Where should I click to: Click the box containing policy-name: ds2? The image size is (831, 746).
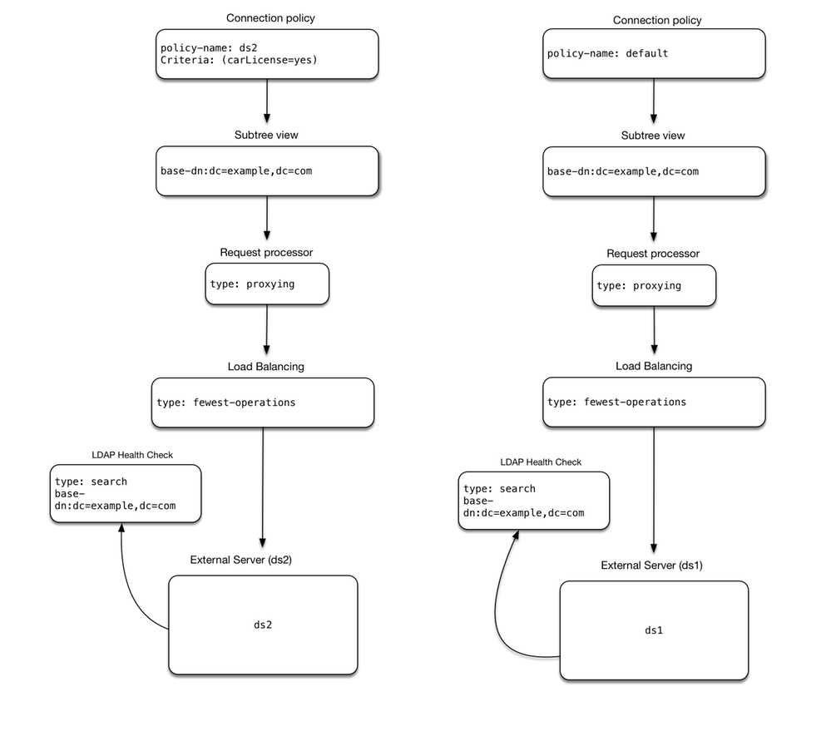(266, 55)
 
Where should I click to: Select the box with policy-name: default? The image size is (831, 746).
(653, 55)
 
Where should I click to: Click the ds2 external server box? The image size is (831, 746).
(263, 625)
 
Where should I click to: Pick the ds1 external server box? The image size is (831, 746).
(653, 630)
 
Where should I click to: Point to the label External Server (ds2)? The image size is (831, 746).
(240, 560)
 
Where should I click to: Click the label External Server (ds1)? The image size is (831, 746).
(653, 566)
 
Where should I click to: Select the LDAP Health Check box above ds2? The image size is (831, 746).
(126, 493)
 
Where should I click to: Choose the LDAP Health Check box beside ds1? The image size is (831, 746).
(533, 501)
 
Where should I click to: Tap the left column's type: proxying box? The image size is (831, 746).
(267, 284)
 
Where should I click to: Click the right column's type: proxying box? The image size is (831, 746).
(653, 285)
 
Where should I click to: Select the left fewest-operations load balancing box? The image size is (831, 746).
(263, 403)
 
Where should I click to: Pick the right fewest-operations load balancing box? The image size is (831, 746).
(653, 403)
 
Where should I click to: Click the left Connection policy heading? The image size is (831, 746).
(270, 18)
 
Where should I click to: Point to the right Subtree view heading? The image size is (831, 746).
(653, 136)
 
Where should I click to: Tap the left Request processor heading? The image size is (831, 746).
(266, 252)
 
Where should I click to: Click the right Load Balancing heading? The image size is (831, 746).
(653, 366)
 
